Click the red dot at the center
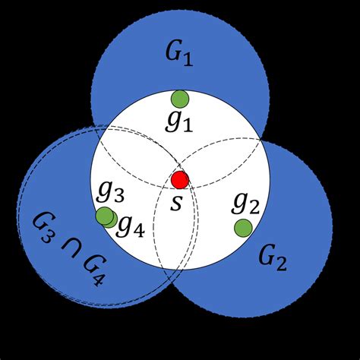(x=180, y=180)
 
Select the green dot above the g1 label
(x=179, y=99)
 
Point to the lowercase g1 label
(x=180, y=122)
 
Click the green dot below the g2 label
(x=243, y=227)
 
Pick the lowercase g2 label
(x=245, y=203)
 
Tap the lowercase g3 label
(x=110, y=193)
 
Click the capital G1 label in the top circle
(x=179, y=55)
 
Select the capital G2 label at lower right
(x=271, y=260)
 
